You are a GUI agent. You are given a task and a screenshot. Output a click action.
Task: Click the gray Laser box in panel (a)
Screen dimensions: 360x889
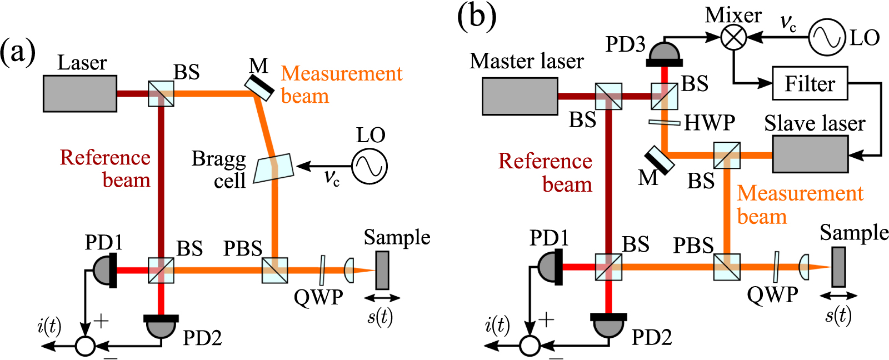tap(80, 94)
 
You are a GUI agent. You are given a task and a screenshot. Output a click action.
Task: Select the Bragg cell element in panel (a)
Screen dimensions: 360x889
tap(273, 168)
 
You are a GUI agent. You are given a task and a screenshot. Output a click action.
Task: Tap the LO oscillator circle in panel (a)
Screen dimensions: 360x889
tap(369, 166)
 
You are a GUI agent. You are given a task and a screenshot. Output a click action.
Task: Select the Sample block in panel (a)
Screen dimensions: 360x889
tap(382, 271)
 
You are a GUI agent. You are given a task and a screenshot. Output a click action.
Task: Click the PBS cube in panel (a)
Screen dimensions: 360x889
tap(274, 271)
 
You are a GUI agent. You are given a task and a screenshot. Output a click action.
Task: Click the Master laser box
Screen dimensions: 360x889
tap(520, 96)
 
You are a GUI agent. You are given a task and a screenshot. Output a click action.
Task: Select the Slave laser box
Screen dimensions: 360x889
tap(810, 154)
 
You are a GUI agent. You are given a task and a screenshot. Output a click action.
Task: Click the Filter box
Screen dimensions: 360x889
tap(810, 83)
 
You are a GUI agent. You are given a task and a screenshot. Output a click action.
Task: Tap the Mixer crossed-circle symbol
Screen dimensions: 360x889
tap(734, 37)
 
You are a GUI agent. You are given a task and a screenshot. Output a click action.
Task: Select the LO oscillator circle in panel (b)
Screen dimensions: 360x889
tap(827, 37)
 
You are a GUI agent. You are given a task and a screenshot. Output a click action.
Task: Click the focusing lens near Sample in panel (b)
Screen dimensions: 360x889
tap(804, 267)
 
